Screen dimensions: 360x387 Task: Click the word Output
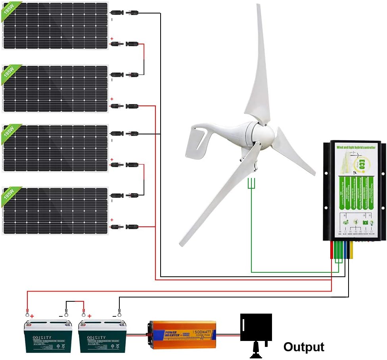(303, 347)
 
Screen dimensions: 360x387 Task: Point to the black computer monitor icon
(256, 328)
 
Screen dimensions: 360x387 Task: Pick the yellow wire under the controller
(351, 250)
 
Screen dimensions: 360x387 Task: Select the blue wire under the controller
(345, 250)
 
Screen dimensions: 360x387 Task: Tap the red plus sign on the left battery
(31, 316)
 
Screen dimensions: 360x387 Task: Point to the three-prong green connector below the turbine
(251, 183)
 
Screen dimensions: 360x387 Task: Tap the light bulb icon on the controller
(371, 223)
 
